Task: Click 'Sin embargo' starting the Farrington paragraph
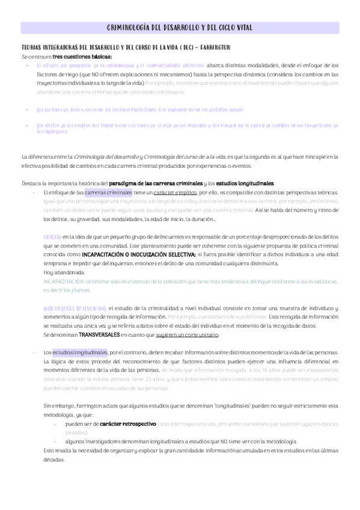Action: click(x=56, y=405)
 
